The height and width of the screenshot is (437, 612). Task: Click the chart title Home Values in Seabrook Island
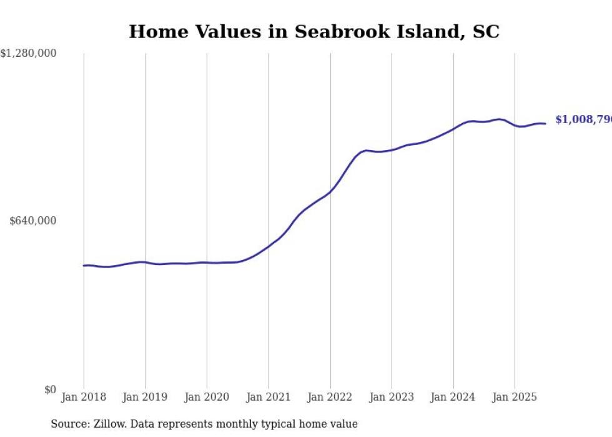tap(314, 32)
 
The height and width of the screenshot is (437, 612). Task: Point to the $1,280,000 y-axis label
tap(28, 54)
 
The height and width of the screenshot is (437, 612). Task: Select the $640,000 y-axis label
tap(33, 221)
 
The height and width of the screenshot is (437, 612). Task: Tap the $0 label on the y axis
tap(51, 389)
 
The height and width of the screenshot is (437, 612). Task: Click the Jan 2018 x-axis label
tap(84, 397)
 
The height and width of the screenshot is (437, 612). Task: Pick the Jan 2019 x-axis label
tap(146, 397)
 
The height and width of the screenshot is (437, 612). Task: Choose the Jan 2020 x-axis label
tap(207, 397)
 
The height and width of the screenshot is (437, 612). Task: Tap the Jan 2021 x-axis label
tap(269, 397)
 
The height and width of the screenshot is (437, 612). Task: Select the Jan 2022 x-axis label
tap(330, 397)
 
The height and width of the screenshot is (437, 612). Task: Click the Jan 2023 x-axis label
tap(392, 397)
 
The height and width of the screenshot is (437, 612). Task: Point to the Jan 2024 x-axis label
tap(453, 397)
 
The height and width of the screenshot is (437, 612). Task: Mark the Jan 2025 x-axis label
tap(515, 397)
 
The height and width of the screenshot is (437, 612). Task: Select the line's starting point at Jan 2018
tap(84, 266)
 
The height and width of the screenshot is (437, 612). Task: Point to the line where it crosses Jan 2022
tap(330, 191)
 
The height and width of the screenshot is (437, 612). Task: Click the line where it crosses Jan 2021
tap(269, 246)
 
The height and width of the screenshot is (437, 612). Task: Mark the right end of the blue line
tap(545, 123)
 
